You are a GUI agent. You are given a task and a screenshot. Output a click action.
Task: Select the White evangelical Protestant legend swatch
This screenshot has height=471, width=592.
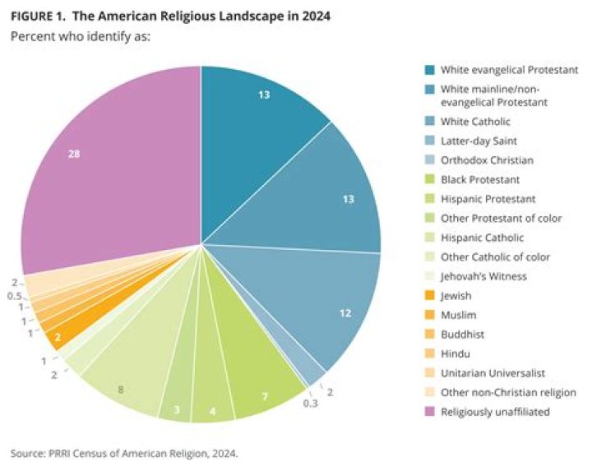(430, 70)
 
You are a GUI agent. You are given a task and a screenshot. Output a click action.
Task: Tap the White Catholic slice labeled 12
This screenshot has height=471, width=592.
(329, 308)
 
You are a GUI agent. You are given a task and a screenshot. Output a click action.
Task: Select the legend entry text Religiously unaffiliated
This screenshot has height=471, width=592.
(495, 410)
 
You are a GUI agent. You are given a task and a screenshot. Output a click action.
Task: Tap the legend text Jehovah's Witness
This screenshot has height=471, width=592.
(483, 276)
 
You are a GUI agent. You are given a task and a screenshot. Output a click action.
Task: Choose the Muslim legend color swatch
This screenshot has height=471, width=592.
(430, 314)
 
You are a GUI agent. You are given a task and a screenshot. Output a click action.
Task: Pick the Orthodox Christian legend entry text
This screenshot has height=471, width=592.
(486, 161)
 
